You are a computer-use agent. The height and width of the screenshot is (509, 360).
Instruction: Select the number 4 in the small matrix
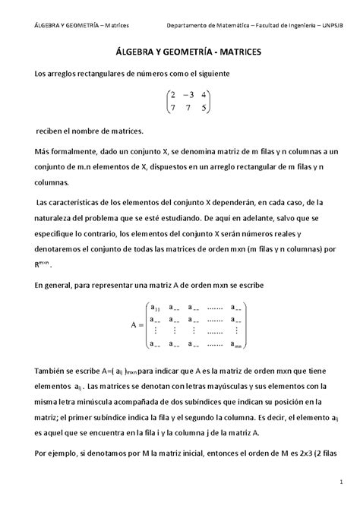click(204, 95)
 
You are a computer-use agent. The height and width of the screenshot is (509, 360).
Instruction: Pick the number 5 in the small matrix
click(204, 109)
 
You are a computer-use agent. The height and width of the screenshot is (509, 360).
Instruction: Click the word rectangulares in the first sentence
click(90, 73)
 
